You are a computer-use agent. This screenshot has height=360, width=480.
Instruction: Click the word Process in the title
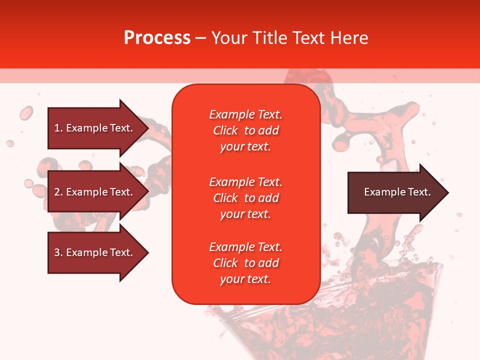point(157,38)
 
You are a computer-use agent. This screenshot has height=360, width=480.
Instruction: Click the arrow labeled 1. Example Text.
point(98,128)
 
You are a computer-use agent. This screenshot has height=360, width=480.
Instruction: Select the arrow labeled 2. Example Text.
point(98,191)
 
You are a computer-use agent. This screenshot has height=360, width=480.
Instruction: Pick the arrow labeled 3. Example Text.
point(98,252)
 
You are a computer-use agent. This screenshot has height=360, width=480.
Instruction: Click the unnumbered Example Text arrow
point(398,192)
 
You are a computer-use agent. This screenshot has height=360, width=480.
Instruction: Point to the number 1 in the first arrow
point(57,128)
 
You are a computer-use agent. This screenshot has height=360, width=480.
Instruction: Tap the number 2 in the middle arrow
point(57,192)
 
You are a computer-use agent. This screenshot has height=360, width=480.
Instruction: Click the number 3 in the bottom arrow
point(57,252)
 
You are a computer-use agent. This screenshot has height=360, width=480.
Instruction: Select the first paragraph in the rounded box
point(246,130)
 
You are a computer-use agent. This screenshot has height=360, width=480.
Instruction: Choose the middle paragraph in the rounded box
point(246,198)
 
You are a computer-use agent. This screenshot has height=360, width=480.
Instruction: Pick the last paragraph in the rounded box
point(246,263)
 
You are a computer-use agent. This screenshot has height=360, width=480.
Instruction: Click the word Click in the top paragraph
point(225,130)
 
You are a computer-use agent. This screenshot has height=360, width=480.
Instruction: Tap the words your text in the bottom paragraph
point(245,279)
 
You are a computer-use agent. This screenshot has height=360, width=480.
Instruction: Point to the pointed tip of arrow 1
point(149,128)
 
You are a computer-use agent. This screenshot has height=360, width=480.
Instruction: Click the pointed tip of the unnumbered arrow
point(448,192)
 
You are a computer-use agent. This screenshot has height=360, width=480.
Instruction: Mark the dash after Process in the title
point(200,39)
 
